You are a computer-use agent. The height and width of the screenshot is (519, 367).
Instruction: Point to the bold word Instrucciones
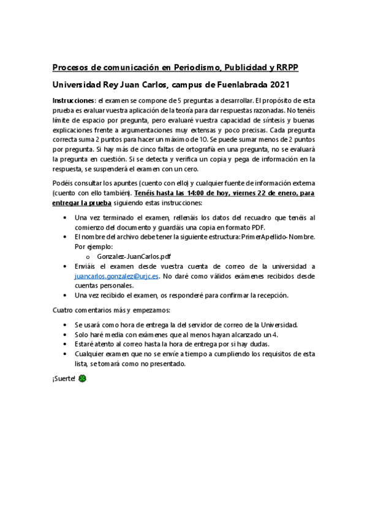(x=73, y=100)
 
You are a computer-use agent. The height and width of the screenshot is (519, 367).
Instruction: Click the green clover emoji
(x=83, y=379)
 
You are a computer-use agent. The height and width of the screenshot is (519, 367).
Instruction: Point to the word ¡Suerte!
(x=64, y=379)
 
